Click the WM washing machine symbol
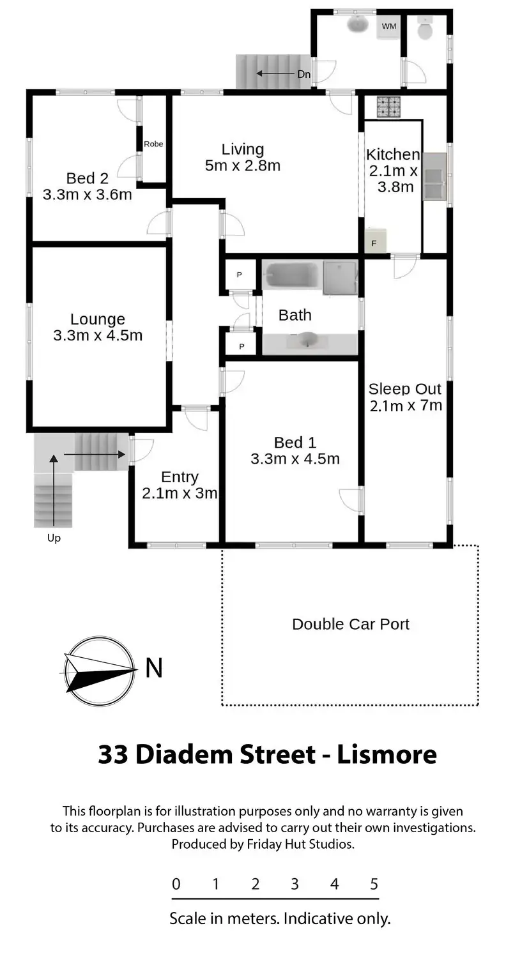click(388, 27)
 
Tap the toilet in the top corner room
click(425, 28)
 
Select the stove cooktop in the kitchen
click(388, 107)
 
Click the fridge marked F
click(376, 241)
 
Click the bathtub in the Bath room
click(291, 276)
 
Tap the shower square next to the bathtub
click(340, 278)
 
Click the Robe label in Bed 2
click(153, 144)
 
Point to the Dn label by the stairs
click(304, 75)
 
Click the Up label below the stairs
click(54, 538)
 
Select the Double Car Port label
click(351, 624)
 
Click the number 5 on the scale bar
click(374, 883)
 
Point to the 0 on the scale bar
click(176, 883)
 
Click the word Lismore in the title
click(387, 754)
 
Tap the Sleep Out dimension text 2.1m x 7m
click(406, 406)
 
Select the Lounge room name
click(98, 319)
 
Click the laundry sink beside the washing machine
click(358, 24)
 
